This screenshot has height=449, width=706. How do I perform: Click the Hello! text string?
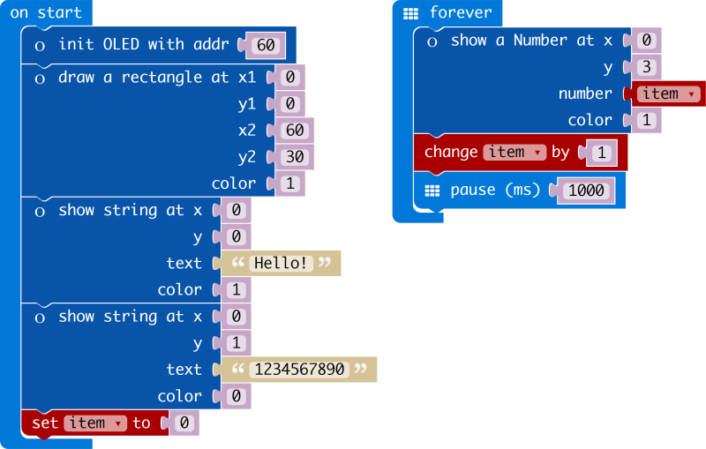[281, 263]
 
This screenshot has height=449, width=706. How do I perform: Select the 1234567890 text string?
[298, 370]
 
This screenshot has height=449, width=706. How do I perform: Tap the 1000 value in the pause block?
[586, 190]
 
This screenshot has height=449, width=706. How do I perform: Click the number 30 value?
[294, 156]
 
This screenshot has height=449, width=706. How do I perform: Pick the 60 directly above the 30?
[294, 131]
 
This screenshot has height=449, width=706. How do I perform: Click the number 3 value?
[646, 66]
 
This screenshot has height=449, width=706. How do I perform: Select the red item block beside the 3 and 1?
[661, 94]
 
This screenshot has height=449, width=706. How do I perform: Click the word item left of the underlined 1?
[507, 152]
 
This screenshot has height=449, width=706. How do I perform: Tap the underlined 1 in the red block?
[602, 153]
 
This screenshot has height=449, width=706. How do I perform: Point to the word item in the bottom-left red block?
[87, 423]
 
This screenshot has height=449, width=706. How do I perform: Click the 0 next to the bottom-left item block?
[184, 423]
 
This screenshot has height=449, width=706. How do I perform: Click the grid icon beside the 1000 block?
[432, 191]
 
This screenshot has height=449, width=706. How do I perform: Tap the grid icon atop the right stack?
[410, 13]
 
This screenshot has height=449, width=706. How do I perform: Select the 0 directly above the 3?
[646, 40]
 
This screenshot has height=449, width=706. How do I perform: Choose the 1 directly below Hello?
[236, 289]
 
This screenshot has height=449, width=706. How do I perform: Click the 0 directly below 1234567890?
[236, 396]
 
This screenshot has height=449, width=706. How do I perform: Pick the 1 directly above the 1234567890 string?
[236, 343]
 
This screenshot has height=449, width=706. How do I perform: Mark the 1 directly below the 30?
[289, 183]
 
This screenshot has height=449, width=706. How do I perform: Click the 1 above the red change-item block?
[646, 120]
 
